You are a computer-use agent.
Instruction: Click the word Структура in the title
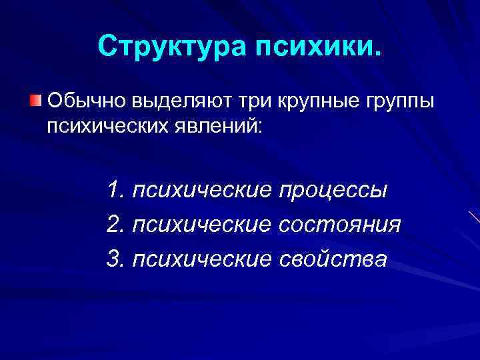pos(172,47)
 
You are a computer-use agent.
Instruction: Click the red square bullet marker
pos(35,101)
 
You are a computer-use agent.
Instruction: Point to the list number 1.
pos(114,191)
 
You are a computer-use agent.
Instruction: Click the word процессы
pos(333,191)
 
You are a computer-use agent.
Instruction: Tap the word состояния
pos(341,225)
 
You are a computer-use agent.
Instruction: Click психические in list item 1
pos(202,191)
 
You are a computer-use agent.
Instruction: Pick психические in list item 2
pos(202,225)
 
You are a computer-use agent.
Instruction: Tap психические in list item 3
pos(202,258)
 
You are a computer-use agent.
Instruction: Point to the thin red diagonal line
pos(474,217)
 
